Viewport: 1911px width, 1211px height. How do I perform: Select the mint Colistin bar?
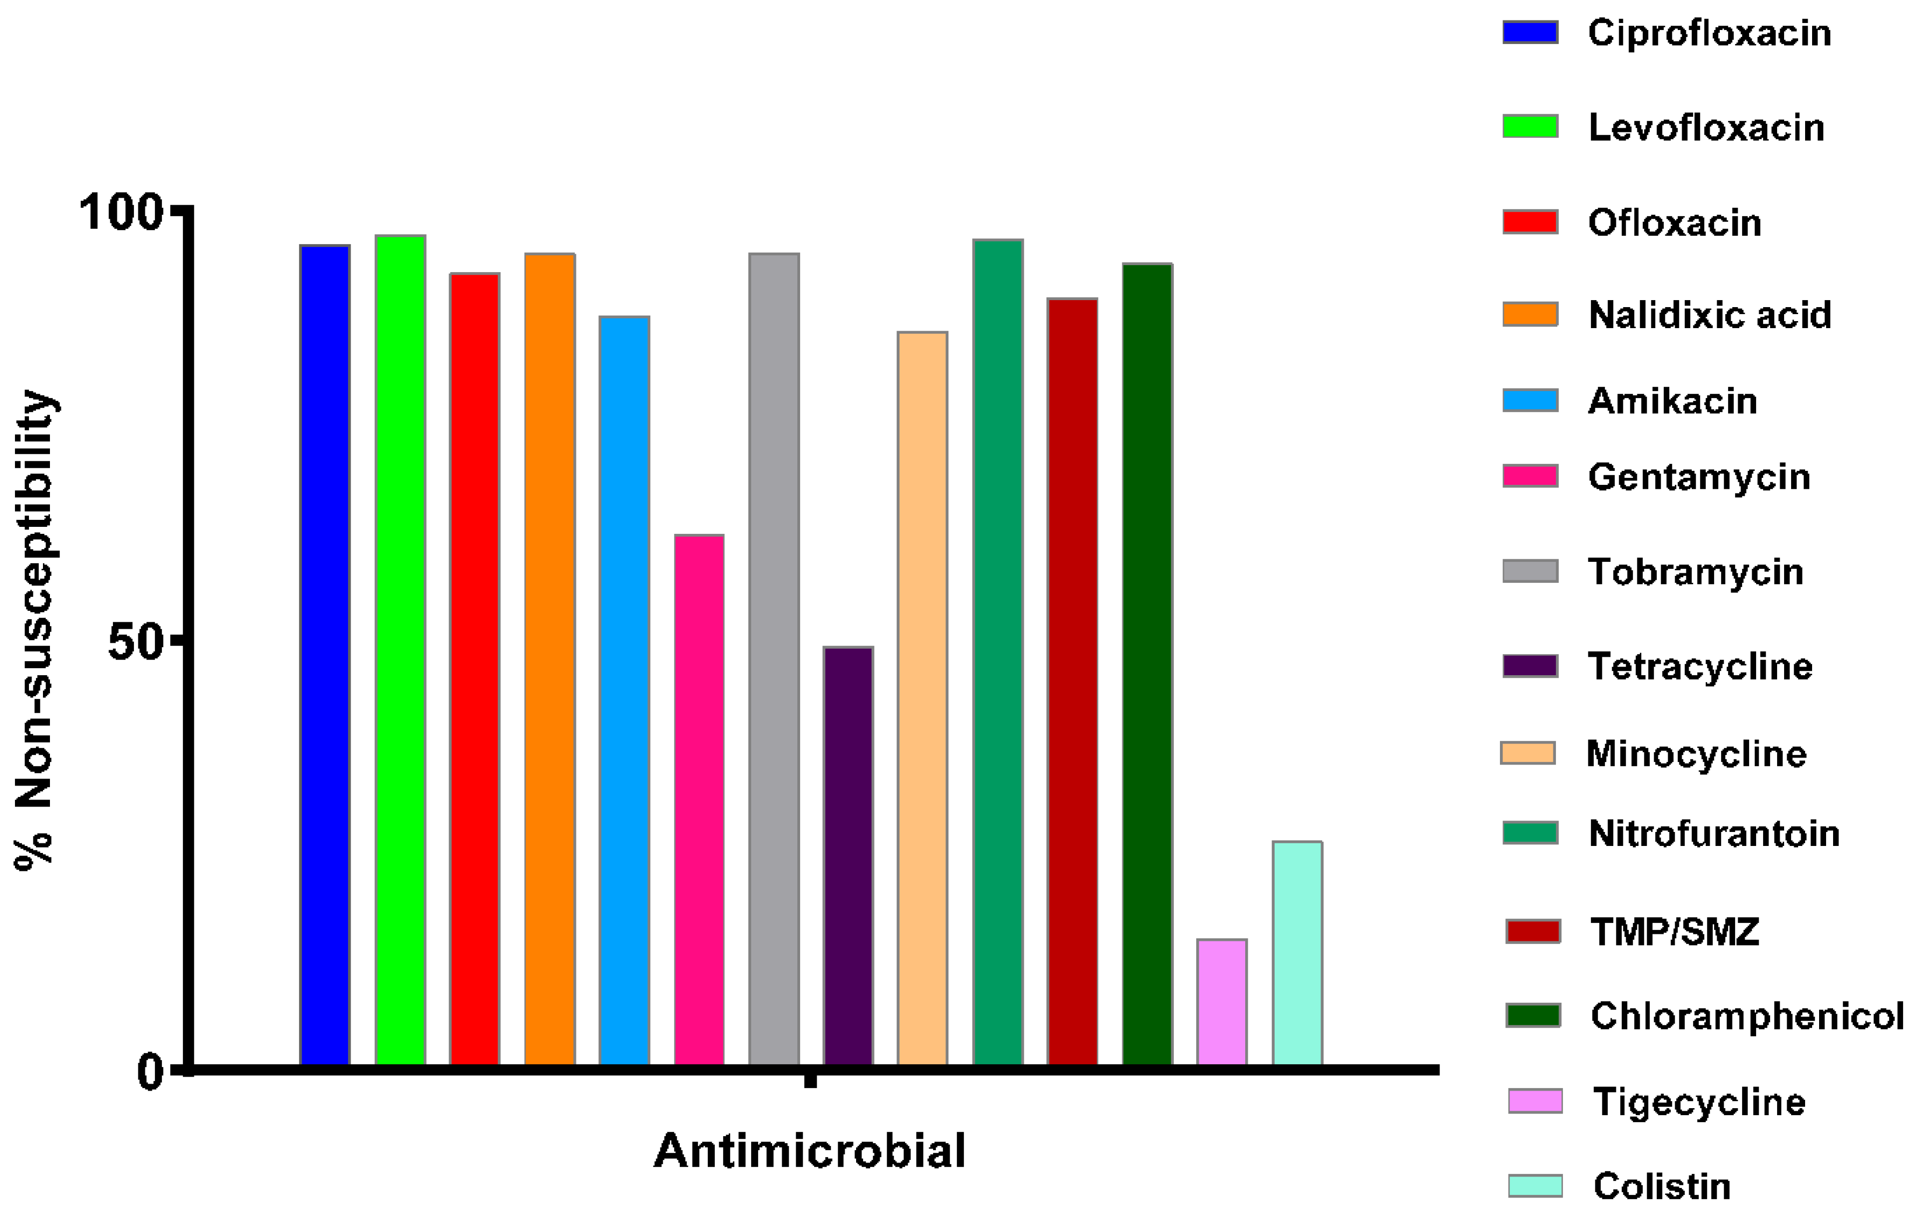click(x=1297, y=952)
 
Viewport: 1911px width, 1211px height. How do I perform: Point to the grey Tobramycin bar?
click(x=774, y=659)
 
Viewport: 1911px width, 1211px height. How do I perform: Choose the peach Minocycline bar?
click(x=922, y=698)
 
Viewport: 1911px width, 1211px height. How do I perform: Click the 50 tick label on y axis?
click(x=135, y=642)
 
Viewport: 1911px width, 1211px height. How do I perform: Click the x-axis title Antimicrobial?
click(x=810, y=1151)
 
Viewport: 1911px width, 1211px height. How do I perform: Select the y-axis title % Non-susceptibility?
click(x=35, y=631)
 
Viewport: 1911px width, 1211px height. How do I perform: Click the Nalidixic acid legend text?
click(x=1709, y=315)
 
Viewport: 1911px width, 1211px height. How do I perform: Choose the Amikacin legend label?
click(x=1672, y=401)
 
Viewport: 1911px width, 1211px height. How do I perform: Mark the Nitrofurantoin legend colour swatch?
click(x=1530, y=832)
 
